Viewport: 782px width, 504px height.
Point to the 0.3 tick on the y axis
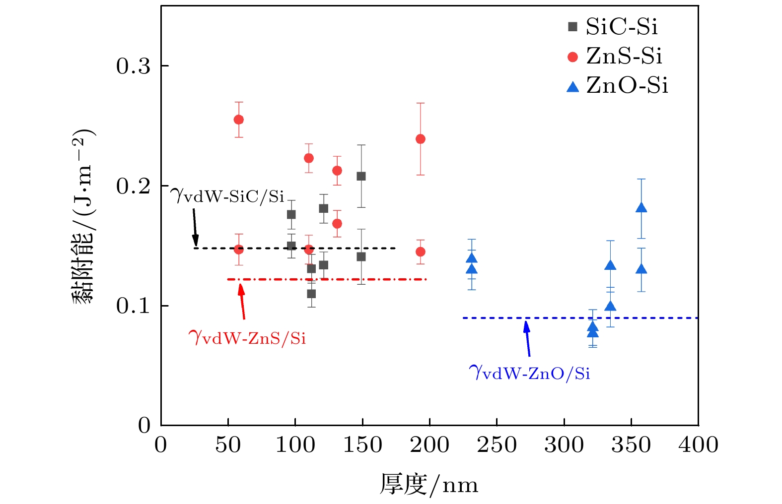click(x=133, y=66)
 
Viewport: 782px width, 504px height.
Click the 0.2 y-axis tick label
click(x=133, y=186)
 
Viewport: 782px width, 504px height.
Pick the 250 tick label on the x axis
click(x=497, y=445)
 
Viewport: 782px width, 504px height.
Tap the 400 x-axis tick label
click(x=698, y=445)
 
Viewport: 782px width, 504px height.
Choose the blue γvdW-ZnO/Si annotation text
click(x=529, y=372)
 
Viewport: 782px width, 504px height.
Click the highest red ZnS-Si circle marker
click(x=238, y=120)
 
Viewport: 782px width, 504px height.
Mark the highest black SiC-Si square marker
click(x=361, y=176)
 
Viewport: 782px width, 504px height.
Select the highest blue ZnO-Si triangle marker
click(x=641, y=208)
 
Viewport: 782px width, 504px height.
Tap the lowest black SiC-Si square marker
click(x=311, y=294)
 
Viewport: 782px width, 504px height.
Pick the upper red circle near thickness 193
click(x=420, y=139)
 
